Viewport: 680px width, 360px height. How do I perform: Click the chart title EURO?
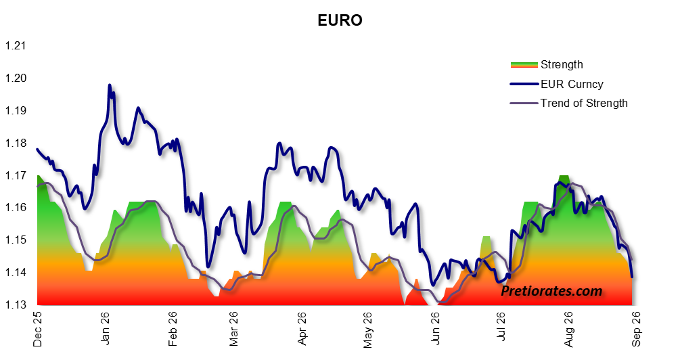click(340, 20)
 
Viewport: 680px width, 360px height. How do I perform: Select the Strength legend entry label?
click(562, 65)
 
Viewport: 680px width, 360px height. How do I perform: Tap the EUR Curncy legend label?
click(572, 84)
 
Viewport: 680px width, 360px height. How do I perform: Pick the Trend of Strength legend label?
click(584, 104)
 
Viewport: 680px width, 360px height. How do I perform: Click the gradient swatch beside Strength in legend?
click(524, 65)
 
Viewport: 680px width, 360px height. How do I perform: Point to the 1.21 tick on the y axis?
click(15, 45)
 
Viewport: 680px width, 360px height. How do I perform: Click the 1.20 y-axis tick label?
click(15, 78)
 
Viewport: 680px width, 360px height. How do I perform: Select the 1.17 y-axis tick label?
click(15, 175)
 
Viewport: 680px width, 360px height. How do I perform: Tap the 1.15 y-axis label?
click(15, 240)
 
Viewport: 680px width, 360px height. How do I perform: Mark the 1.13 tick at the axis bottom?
click(15, 305)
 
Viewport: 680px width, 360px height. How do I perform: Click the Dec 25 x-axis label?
click(38, 329)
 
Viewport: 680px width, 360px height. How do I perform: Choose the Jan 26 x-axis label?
click(105, 328)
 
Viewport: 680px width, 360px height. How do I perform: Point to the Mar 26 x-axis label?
click(233, 329)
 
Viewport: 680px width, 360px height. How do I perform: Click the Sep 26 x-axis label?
click(636, 329)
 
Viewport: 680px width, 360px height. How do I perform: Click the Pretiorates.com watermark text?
click(551, 291)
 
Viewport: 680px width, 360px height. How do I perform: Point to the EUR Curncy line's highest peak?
click(110, 85)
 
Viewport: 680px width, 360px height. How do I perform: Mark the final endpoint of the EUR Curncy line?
click(632, 277)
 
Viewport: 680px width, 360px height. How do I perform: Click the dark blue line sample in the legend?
click(524, 84)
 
